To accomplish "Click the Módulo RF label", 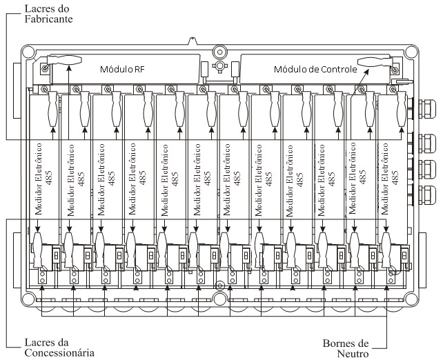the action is pyautogui.click(x=122, y=69).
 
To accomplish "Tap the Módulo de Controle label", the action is pyautogui.click(x=315, y=69).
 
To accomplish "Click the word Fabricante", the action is pyautogui.click(x=48, y=19).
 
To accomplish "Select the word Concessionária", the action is pyautogui.click(x=59, y=352).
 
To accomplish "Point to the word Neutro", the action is pyautogui.click(x=353, y=354).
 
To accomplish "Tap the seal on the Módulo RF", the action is pyautogui.click(x=64, y=60).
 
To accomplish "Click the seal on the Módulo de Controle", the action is pyautogui.click(x=375, y=61).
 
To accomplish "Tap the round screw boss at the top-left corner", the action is pyautogui.click(x=28, y=52).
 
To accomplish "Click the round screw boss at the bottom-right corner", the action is pyautogui.click(x=411, y=299).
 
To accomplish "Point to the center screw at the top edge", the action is pyautogui.click(x=219, y=52).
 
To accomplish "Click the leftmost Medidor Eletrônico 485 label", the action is pyautogui.click(x=43, y=179).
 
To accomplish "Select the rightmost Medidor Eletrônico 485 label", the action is pyautogui.click(x=390, y=179).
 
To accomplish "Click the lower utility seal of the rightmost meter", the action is pyautogui.click(x=386, y=250).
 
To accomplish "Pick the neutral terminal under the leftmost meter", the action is pyautogui.click(x=42, y=277).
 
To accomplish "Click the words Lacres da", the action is pyautogui.click(x=47, y=343).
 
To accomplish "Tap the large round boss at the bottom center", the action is pyautogui.click(x=220, y=299).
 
